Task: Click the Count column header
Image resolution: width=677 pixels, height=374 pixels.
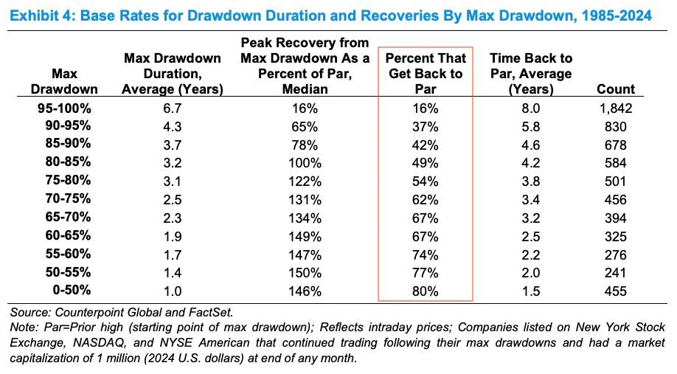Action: (615, 89)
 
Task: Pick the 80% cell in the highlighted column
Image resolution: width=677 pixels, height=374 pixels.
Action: (426, 291)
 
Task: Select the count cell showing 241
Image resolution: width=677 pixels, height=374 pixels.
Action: (615, 272)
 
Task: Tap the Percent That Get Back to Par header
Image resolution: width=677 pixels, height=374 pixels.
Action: (426, 74)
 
